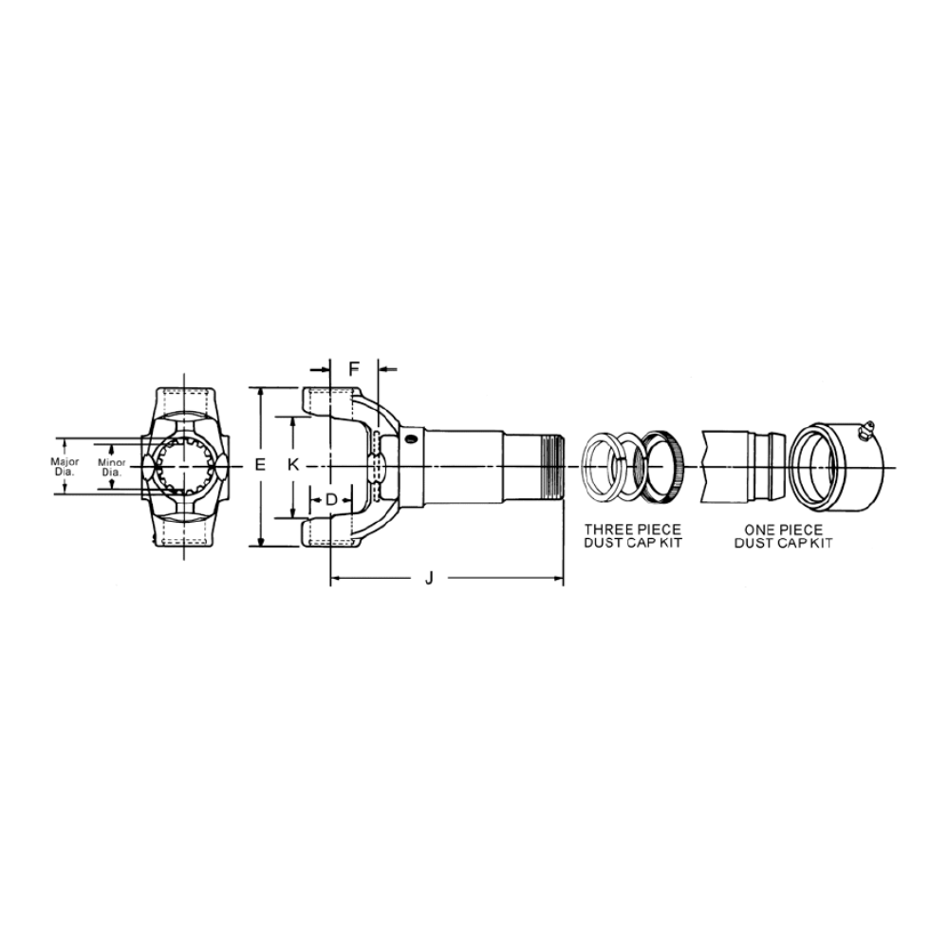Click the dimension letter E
260,465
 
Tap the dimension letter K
293,465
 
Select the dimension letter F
354,368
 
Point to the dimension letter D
331,500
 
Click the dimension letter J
429,579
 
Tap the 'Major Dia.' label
65,467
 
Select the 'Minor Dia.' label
111,467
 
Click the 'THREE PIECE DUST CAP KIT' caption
632,536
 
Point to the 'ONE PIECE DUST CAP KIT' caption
783,537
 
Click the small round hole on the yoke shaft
412,437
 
